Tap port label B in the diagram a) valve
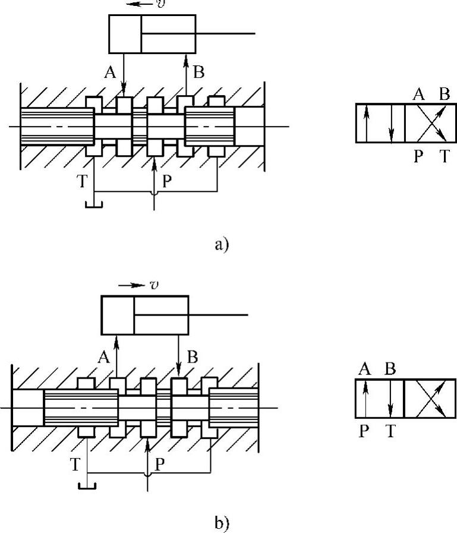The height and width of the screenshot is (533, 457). [198, 72]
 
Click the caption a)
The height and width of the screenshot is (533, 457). [220, 245]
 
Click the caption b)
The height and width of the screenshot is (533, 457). [220, 523]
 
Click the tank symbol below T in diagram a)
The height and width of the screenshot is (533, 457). [94, 205]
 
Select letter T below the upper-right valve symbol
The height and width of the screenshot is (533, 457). [444, 157]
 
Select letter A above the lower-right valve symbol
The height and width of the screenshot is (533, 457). [365, 368]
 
